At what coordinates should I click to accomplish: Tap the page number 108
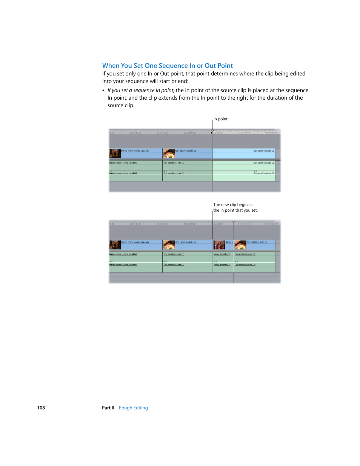click(41, 408)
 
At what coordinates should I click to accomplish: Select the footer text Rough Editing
click(133, 408)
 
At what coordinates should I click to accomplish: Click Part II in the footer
click(108, 408)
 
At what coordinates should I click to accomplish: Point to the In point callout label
click(220, 119)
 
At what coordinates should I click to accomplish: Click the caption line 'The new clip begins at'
click(234, 205)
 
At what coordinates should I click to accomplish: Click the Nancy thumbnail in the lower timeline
click(219, 245)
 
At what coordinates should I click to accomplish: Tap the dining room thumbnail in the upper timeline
click(115, 154)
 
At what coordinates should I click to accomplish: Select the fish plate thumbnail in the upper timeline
click(169, 154)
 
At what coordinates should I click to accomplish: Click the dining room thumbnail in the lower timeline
click(115, 245)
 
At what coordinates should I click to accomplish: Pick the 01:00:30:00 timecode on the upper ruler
click(135, 133)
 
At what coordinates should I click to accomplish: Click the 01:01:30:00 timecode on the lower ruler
click(189, 224)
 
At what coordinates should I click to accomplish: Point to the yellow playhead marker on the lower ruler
click(234, 222)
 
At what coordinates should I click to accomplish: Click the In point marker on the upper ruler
click(212, 132)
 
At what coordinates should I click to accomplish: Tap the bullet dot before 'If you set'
click(103, 91)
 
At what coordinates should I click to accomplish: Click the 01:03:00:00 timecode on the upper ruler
click(271, 133)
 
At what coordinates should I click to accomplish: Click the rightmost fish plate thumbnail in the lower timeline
click(240, 245)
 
